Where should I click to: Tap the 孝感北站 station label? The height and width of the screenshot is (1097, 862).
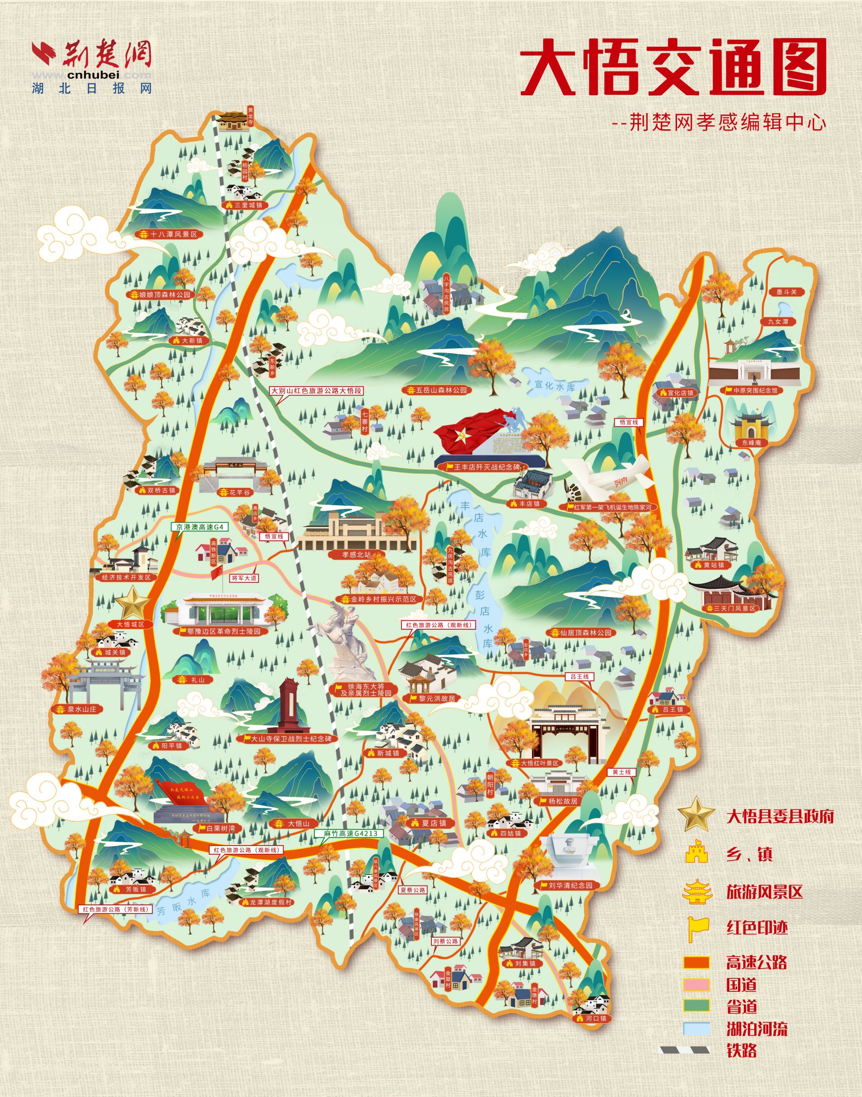tap(356, 554)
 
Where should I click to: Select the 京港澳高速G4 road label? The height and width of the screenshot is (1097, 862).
tap(199, 527)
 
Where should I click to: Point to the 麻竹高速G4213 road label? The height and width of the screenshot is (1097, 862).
tap(351, 834)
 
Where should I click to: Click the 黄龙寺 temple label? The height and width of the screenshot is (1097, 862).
tap(251, 117)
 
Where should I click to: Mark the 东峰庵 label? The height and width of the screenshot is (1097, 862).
tap(751, 443)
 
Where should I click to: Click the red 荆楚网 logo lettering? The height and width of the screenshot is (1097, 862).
tap(106, 53)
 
